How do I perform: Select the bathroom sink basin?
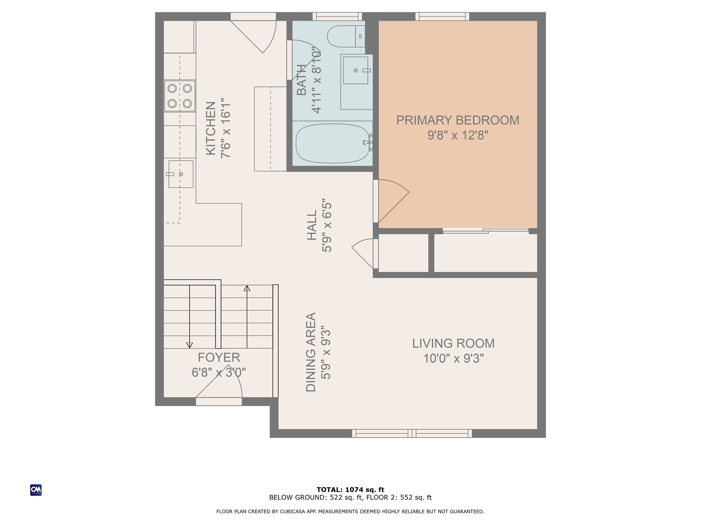[x=356, y=70]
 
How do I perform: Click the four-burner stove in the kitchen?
[x=180, y=96]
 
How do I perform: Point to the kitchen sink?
[x=181, y=174]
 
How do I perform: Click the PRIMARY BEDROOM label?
[x=457, y=120]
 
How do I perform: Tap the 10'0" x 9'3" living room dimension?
[x=453, y=359]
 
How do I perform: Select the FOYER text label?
[x=219, y=358]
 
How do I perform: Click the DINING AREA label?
[x=311, y=352]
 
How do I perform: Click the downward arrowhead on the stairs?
[x=189, y=345]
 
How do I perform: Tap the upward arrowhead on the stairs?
[x=247, y=288]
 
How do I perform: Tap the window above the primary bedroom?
[x=442, y=16]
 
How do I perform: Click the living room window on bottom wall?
[x=412, y=434]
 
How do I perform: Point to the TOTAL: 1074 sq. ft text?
[x=350, y=490]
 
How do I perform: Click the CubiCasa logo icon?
[x=36, y=490]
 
